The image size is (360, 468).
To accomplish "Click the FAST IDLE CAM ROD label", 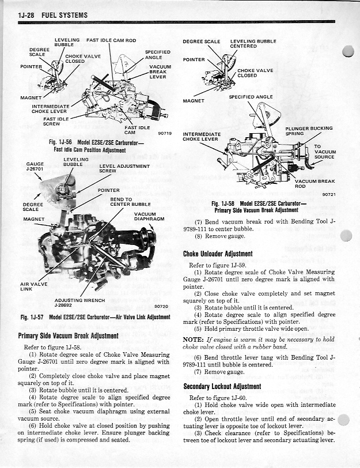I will pyautogui.click(x=111, y=40).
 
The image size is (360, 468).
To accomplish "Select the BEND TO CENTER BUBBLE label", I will pyautogui.click(x=130, y=202).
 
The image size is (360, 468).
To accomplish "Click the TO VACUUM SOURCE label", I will pyautogui.click(x=324, y=152).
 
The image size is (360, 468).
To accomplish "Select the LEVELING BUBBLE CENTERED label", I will pyautogui.click(x=253, y=44).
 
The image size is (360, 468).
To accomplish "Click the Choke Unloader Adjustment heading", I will pyautogui.click(x=217, y=254).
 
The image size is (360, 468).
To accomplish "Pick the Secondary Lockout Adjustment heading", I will pyautogui.click(x=222, y=386).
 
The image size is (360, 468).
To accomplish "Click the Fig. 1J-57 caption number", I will pyautogui.click(x=32, y=317).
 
